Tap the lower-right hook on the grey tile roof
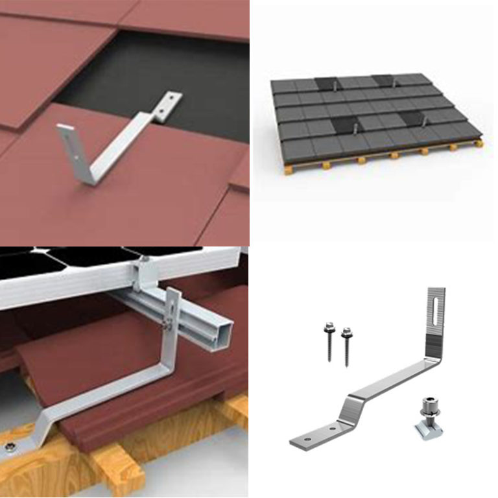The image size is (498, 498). pyautogui.click(x=416, y=119)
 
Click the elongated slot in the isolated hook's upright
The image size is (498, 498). pyautogui.click(x=434, y=311)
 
